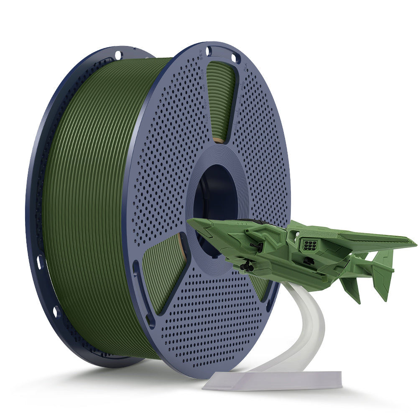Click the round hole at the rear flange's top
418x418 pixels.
(x=118, y=54)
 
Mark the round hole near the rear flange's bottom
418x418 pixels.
(x=56, y=311)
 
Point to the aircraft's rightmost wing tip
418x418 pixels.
(x=415, y=242)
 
